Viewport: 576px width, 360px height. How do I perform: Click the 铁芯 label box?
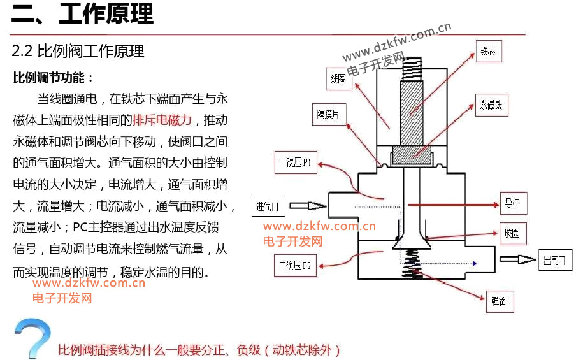(x=489, y=51)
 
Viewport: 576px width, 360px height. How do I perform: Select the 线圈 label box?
(x=339, y=79)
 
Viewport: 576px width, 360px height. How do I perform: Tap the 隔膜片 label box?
(x=329, y=115)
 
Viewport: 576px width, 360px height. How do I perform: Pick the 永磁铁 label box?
(x=491, y=105)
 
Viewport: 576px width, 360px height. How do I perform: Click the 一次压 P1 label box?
(x=296, y=162)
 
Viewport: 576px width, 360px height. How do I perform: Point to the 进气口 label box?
(x=268, y=206)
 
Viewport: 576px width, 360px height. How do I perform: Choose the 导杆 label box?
(x=513, y=203)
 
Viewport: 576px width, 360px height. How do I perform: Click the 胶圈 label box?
(x=513, y=234)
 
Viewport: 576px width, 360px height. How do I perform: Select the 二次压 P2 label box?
(x=295, y=265)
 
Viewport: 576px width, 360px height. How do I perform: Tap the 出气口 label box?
(x=555, y=260)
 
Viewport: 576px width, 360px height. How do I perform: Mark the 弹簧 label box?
(x=500, y=301)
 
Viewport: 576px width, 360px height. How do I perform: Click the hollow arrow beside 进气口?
(x=308, y=206)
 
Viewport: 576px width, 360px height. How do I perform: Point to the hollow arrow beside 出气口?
(x=518, y=259)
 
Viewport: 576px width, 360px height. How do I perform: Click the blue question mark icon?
(x=32, y=338)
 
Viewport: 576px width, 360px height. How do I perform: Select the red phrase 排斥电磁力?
(x=162, y=120)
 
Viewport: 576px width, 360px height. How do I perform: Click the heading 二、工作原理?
(x=82, y=13)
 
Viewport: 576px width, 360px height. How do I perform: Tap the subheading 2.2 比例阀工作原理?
(x=78, y=51)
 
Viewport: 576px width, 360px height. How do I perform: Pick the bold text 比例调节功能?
(x=49, y=78)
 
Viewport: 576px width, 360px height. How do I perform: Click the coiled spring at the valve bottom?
(x=410, y=263)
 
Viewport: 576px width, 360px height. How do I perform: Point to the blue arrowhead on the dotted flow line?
(x=475, y=263)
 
